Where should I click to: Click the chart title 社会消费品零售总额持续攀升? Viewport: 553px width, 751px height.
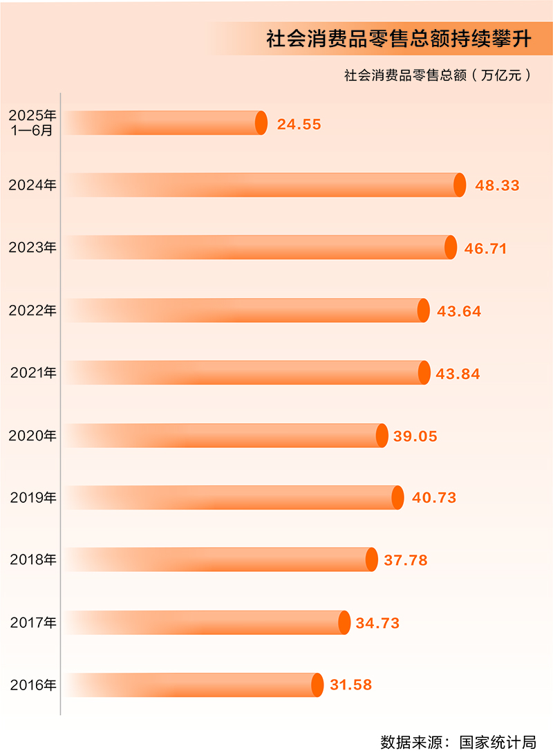pyautogui.click(x=399, y=39)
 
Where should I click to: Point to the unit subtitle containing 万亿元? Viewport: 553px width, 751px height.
pyautogui.click(x=438, y=75)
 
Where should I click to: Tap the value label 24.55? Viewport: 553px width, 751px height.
pyautogui.click(x=299, y=124)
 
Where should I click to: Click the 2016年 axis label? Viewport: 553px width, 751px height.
pyautogui.click(x=33, y=685)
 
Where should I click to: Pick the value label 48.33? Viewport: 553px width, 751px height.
pyautogui.click(x=497, y=185)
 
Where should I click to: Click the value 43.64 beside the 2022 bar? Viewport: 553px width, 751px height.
pyautogui.click(x=459, y=311)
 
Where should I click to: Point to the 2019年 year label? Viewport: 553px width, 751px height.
pyautogui.click(x=33, y=497)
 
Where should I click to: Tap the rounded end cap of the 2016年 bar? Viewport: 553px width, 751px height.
pyautogui.click(x=317, y=685)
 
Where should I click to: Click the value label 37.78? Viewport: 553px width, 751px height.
pyautogui.click(x=406, y=560)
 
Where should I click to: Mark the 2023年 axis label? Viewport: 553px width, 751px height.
pyautogui.click(x=32, y=248)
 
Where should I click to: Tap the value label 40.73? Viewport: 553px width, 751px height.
pyautogui.click(x=434, y=498)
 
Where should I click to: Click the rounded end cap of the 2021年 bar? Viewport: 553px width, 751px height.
pyautogui.click(x=424, y=373)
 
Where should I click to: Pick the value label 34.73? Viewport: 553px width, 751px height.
pyautogui.click(x=377, y=623)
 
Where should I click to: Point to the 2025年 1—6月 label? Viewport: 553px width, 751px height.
pyautogui.click(x=32, y=122)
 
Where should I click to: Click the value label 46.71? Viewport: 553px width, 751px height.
pyautogui.click(x=485, y=248)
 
